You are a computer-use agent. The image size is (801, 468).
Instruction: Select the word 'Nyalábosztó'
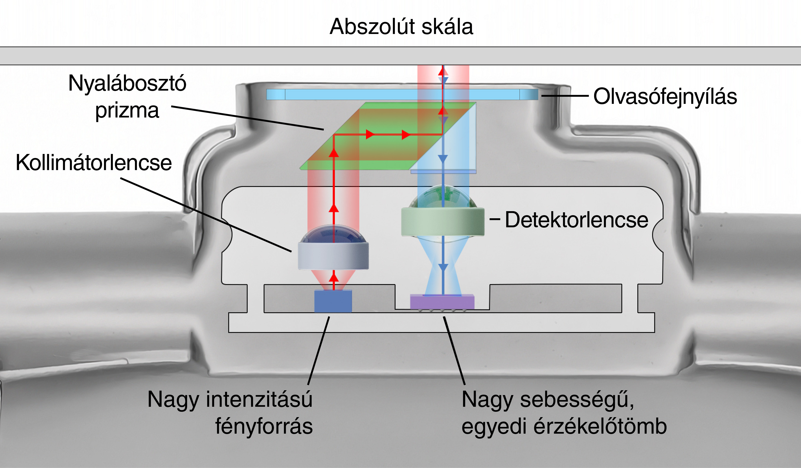(127, 83)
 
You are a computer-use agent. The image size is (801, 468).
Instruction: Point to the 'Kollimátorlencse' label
(94, 163)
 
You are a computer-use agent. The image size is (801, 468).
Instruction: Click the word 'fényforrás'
(264, 426)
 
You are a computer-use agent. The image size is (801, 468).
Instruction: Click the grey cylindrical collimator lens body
(333, 255)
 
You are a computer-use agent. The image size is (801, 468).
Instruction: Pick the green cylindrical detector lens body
(443, 222)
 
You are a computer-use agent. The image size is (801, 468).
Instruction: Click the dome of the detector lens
(443, 197)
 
